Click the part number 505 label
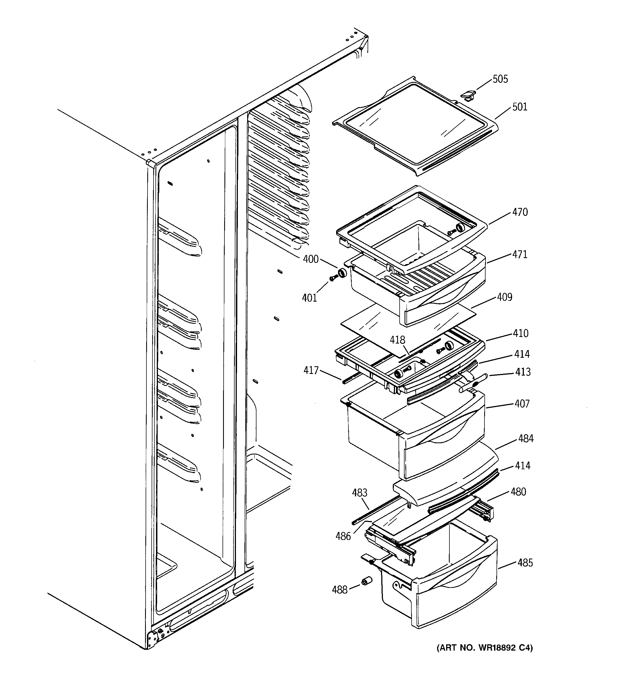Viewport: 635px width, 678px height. [x=500, y=79]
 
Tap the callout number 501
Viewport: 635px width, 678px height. [x=519, y=107]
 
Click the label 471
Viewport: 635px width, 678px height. [x=519, y=254]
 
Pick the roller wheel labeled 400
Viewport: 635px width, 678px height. [x=342, y=273]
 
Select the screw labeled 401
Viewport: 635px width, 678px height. [x=332, y=279]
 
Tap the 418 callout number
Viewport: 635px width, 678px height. [x=397, y=340]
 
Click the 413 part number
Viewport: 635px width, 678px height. [x=523, y=372]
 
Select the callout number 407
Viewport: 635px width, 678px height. [x=522, y=404]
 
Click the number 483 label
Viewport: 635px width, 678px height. [x=360, y=493]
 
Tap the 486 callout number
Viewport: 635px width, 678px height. [x=343, y=536]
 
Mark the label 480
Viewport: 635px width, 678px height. [x=518, y=492]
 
